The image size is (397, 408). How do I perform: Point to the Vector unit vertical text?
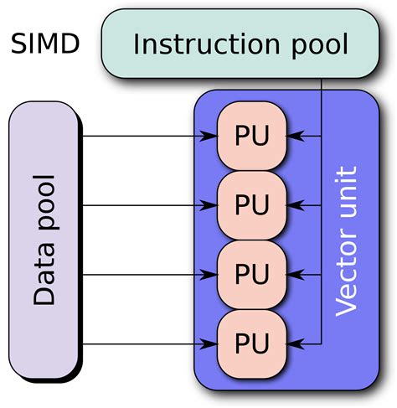pos(346,241)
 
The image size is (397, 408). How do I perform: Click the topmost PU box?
pos(252,136)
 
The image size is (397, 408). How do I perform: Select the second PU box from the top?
pos(252,204)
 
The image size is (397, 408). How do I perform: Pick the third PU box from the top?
pos(252,274)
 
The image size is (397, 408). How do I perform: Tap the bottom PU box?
pos(252,343)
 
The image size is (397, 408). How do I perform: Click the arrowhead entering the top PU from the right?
pos(294,136)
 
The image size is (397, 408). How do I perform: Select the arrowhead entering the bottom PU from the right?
pos(294,343)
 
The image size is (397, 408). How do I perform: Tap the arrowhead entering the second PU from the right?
pos(294,204)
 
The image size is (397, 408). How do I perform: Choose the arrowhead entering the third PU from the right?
pos(294,274)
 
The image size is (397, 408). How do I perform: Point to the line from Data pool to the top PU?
pos(142,136)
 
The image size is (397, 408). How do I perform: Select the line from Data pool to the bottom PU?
pos(142,343)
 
